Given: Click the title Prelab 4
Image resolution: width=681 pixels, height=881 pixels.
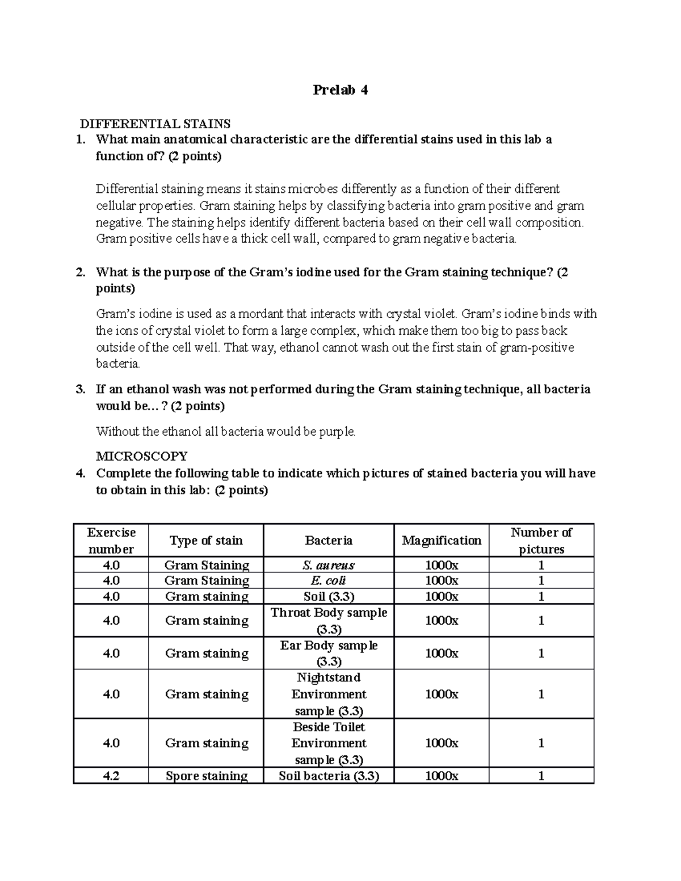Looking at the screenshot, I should click(x=340, y=90).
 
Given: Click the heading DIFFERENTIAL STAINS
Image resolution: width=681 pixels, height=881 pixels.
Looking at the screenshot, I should click(x=155, y=124).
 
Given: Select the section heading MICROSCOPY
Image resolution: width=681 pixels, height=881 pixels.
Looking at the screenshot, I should click(x=141, y=456).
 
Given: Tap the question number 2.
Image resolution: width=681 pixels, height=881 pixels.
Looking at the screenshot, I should click(x=81, y=272).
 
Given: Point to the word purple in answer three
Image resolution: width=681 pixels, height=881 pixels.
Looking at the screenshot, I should click(x=338, y=432).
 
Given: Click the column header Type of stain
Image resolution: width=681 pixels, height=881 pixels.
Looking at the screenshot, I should click(x=206, y=541).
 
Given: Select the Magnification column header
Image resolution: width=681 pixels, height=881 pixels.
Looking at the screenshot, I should click(x=442, y=541).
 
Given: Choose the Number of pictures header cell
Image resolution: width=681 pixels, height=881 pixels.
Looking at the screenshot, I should click(x=541, y=541).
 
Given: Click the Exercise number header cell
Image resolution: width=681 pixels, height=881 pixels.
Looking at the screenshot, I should click(x=111, y=541).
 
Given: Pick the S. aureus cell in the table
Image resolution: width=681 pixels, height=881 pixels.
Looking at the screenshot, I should click(x=329, y=565).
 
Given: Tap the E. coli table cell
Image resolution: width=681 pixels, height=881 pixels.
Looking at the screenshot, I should click(x=329, y=580).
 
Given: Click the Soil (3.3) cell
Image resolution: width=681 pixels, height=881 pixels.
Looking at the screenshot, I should click(x=329, y=596).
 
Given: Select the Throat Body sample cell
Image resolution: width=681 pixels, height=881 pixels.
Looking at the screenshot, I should click(x=329, y=621).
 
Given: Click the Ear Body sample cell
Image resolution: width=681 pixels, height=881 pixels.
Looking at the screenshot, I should click(x=329, y=653).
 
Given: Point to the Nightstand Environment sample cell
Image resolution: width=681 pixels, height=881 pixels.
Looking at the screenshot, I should click(x=329, y=694).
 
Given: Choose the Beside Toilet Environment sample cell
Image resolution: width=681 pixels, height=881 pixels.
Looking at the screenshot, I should click(x=329, y=743).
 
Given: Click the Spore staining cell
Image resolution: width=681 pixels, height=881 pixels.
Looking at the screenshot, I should click(x=206, y=776).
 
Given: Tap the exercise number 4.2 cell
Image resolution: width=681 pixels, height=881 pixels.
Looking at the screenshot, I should click(x=111, y=776).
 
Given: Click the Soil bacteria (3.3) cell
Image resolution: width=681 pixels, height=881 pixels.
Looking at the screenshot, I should click(x=329, y=776).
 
